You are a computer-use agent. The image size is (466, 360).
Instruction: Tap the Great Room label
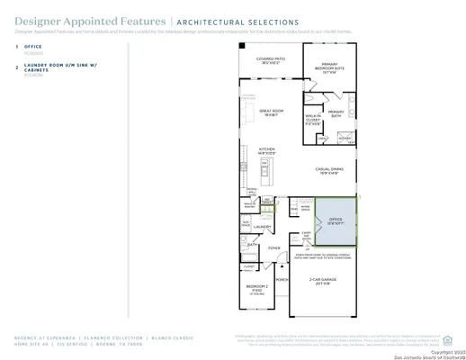273,112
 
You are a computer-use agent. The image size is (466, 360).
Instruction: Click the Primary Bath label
336,113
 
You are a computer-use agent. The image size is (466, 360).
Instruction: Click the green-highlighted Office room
335,220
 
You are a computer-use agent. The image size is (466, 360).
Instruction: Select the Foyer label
273,247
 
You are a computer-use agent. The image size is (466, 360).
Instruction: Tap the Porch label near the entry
281,280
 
